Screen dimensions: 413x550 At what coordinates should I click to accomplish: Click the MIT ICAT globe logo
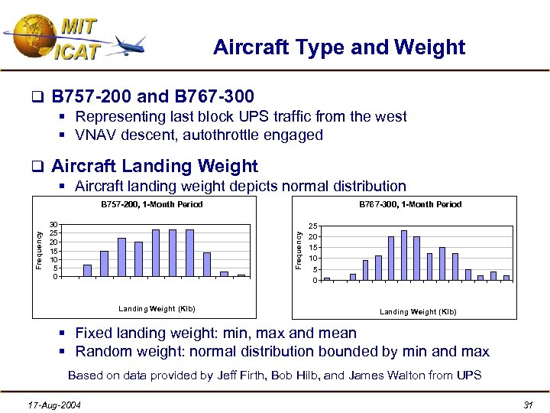click(31, 37)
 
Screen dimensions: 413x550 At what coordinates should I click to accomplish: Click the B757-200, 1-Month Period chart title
click(152, 204)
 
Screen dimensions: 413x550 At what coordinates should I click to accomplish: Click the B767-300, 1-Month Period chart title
click(410, 204)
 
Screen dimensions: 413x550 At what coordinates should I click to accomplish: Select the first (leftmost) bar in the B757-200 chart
click(87, 270)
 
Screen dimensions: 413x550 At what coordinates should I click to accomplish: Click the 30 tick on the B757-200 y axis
click(53, 225)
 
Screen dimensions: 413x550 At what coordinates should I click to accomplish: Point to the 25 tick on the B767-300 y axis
click(313, 226)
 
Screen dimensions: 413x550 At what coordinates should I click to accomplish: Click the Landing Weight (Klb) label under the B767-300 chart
click(418, 311)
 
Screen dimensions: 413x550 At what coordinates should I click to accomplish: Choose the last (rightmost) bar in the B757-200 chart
click(241, 275)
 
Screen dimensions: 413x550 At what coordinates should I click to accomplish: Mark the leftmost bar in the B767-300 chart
click(326, 279)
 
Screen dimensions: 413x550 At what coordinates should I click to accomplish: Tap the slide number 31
click(526, 403)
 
